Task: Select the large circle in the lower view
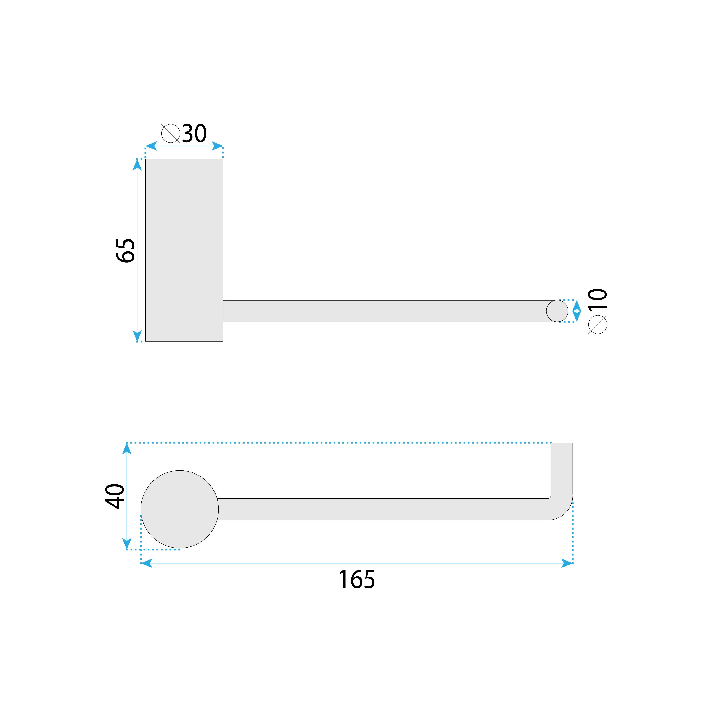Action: point(180,509)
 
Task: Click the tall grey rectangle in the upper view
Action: point(184,250)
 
